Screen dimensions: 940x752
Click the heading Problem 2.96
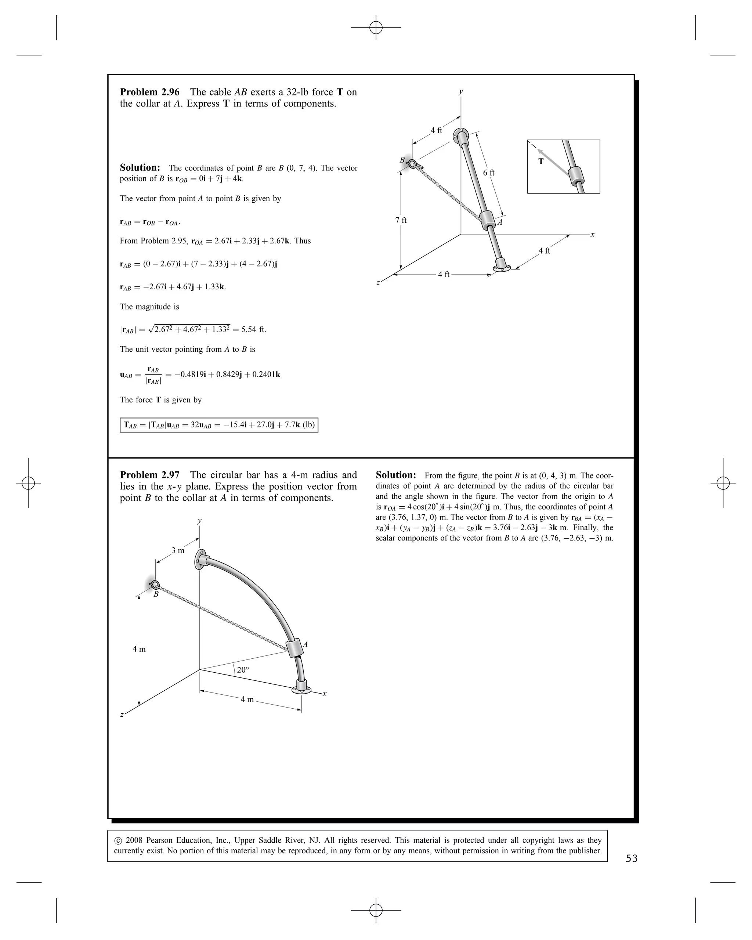pos(149,92)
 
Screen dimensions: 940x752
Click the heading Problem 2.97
pos(149,475)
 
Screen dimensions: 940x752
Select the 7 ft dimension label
pos(401,220)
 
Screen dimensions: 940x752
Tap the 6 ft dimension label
pos(489,173)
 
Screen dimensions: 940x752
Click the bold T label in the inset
pos(541,161)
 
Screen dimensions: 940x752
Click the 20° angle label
pos(243,670)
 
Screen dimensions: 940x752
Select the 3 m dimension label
pos(178,550)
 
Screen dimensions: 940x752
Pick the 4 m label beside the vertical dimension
pos(139,649)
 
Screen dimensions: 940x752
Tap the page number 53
pos(631,858)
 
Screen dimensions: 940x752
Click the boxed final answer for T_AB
pos(219,425)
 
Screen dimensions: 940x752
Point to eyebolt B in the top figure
pos(412,164)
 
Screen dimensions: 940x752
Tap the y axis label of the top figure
pos(461,91)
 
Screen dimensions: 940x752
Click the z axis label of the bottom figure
pos(122,714)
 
